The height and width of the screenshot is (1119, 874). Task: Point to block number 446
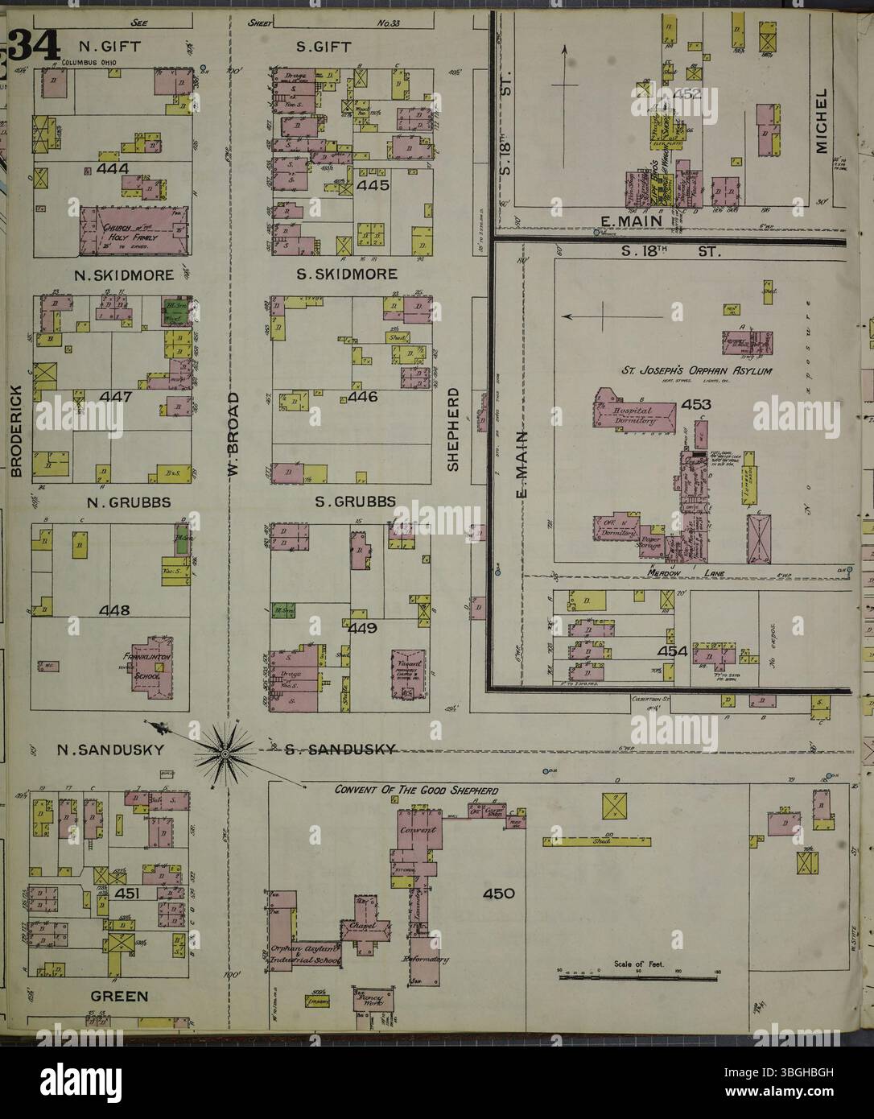click(363, 397)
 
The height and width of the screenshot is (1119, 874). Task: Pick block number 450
click(498, 893)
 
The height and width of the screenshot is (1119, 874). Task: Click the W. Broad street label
click(233, 435)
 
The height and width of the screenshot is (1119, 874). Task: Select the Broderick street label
click(15, 434)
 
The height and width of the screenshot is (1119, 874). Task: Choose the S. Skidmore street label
click(346, 275)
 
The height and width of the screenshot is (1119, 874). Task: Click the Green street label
click(118, 996)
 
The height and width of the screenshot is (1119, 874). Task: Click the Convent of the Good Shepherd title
click(415, 790)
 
